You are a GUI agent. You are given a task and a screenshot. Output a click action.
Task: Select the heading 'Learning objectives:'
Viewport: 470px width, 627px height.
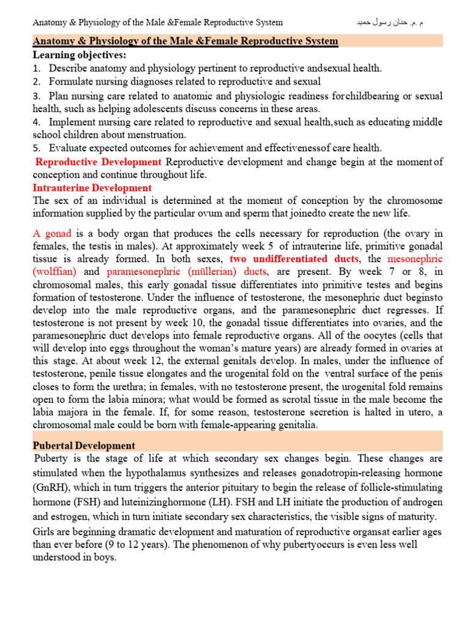click(x=80, y=55)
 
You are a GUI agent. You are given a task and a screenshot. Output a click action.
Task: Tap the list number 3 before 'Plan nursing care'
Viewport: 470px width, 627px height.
click(x=37, y=96)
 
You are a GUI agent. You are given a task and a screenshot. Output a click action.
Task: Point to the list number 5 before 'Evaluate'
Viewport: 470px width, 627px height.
click(x=37, y=148)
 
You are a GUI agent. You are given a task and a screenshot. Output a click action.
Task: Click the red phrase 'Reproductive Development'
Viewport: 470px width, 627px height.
click(x=99, y=162)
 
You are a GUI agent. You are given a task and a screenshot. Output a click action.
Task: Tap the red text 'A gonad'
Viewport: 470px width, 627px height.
click(x=53, y=234)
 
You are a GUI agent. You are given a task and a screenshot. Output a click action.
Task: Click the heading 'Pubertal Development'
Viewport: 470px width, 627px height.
click(x=84, y=445)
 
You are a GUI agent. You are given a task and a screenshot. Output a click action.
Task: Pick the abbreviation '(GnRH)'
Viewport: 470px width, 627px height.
click(x=51, y=487)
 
